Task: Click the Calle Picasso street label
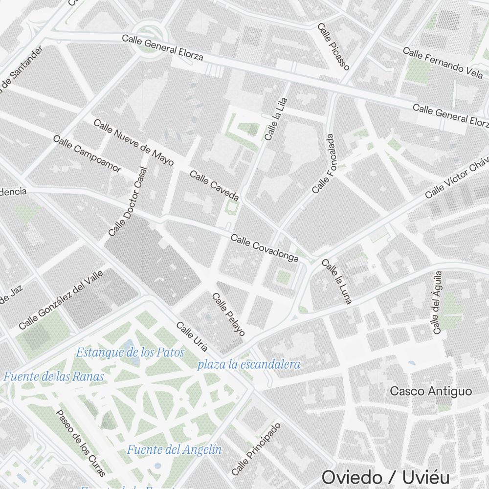(333, 46)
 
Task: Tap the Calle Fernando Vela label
(443, 62)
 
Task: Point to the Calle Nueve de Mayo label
(133, 142)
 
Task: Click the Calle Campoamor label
(87, 154)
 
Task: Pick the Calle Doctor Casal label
(128, 201)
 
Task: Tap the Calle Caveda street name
(214, 186)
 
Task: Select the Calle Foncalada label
(323, 163)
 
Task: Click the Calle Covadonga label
(264, 248)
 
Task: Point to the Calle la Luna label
(337, 281)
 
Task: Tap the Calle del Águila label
(437, 303)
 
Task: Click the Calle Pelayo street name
(228, 314)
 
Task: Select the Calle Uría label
(192, 336)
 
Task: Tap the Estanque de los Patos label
(131, 352)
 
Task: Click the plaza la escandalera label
(248, 364)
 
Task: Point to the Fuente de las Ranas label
(54, 377)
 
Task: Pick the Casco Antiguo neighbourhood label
(431, 391)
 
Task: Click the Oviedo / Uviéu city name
(385, 477)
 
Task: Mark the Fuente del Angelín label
(174, 449)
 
